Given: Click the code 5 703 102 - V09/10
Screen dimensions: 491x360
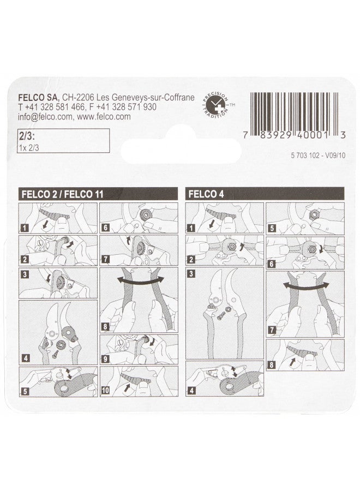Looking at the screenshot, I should coord(316,155).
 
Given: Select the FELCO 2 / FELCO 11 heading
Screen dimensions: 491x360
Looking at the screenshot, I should coord(61,193).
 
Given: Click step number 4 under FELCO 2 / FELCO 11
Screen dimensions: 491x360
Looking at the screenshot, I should coord(24,360).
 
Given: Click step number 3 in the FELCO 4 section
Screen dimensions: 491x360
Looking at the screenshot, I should coord(191,274).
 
